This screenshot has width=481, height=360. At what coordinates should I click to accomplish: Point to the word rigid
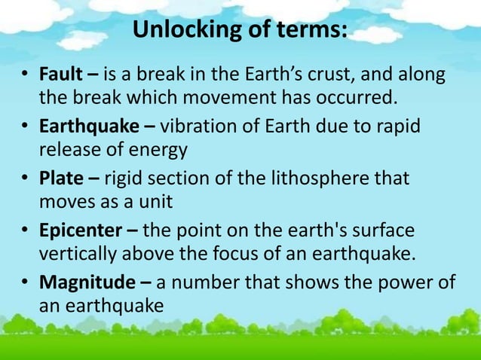121,179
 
